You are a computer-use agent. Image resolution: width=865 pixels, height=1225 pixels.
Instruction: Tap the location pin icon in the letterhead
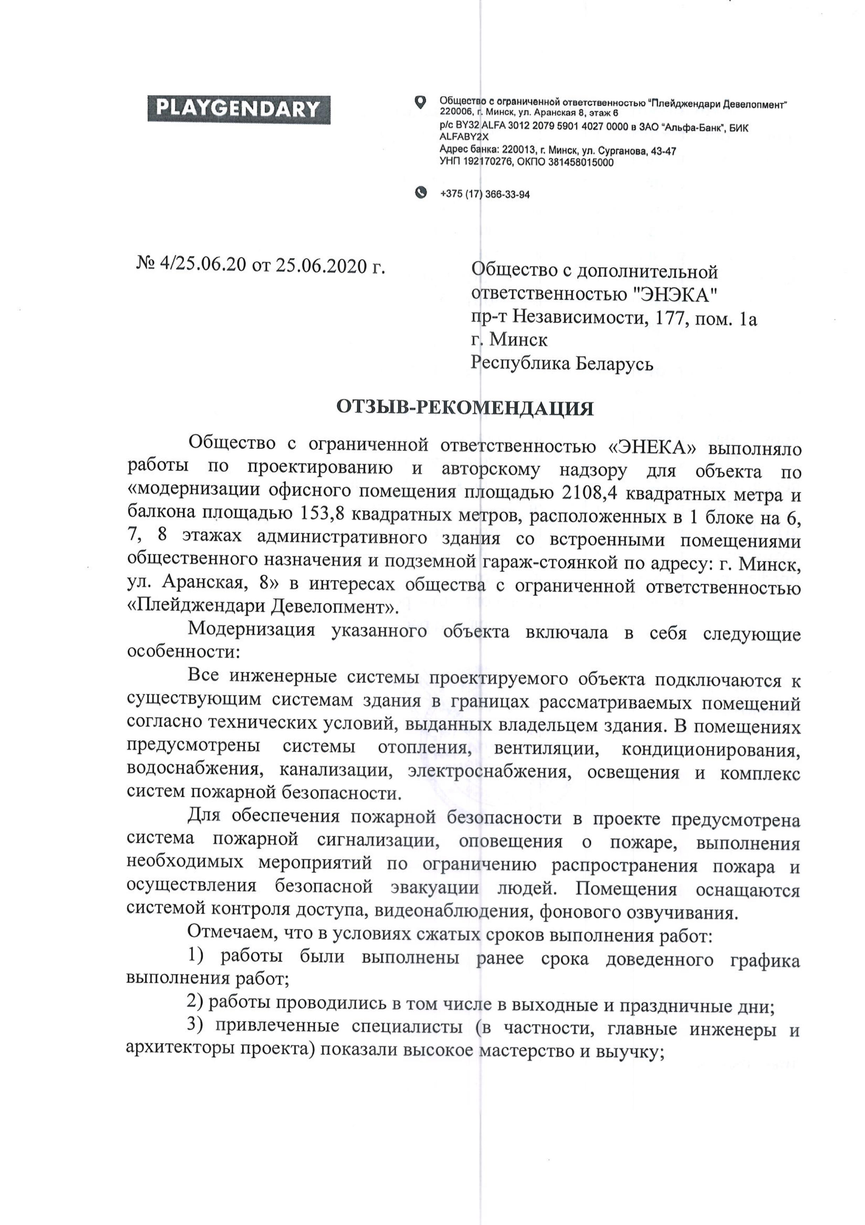(421, 101)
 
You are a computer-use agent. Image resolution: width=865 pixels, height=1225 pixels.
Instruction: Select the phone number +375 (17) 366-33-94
(485, 195)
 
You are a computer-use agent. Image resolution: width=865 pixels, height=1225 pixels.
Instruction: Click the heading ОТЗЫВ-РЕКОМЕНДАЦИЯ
(465, 409)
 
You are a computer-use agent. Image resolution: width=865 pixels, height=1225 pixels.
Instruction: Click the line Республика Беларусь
(562, 364)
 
